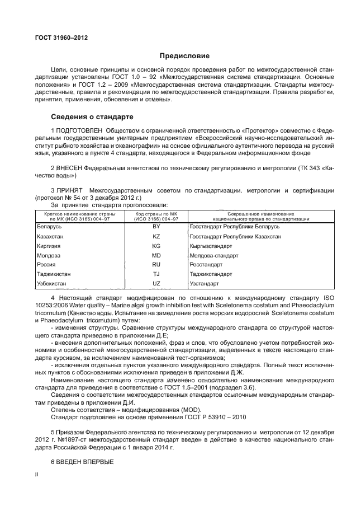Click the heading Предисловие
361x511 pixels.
click(185, 56)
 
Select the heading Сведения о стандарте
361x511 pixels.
click(92, 117)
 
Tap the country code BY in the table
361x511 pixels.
click(156, 227)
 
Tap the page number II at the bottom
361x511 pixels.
click(36, 474)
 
